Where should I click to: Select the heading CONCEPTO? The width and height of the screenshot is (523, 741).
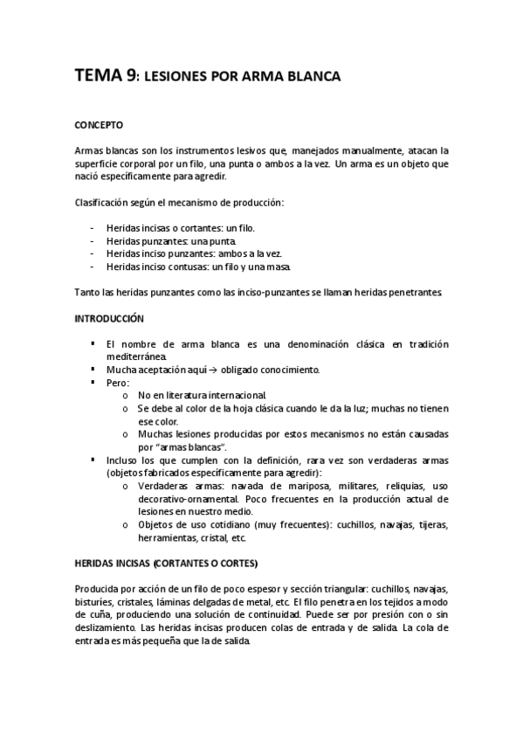pyautogui.click(x=99, y=125)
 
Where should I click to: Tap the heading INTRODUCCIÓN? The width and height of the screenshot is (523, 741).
pyautogui.click(x=109, y=319)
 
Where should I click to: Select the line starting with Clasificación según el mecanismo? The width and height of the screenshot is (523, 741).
pyautogui.click(x=180, y=204)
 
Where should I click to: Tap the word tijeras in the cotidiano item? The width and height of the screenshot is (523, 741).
pyautogui.click(x=432, y=524)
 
